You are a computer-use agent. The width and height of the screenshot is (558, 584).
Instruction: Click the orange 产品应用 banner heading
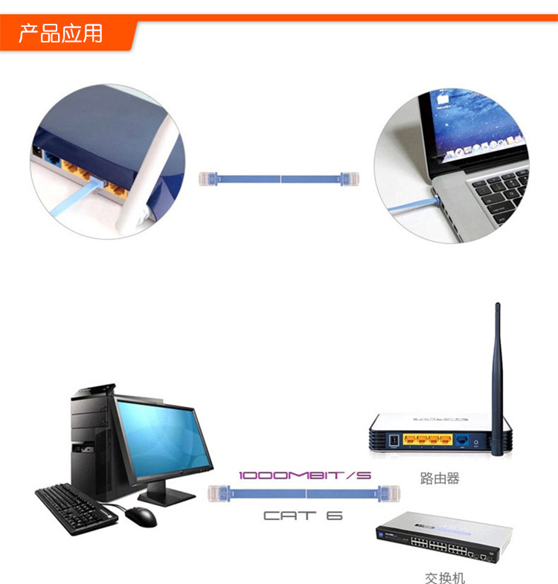click(x=61, y=33)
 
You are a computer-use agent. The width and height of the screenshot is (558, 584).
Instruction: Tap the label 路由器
click(x=439, y=478)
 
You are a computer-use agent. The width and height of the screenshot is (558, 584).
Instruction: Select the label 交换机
click(x=445, y=577)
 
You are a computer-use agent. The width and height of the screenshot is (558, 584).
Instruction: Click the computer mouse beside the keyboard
click(x=141, y=516)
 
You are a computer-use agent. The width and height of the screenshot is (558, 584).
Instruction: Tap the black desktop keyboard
click(x=75, y=507)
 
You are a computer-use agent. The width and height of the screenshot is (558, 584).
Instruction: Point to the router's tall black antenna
click(x=498, y=372)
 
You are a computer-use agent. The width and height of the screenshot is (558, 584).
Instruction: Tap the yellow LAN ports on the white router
click(x=427, y=440)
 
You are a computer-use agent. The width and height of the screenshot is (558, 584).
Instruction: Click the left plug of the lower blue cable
click(x=218, y=492)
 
